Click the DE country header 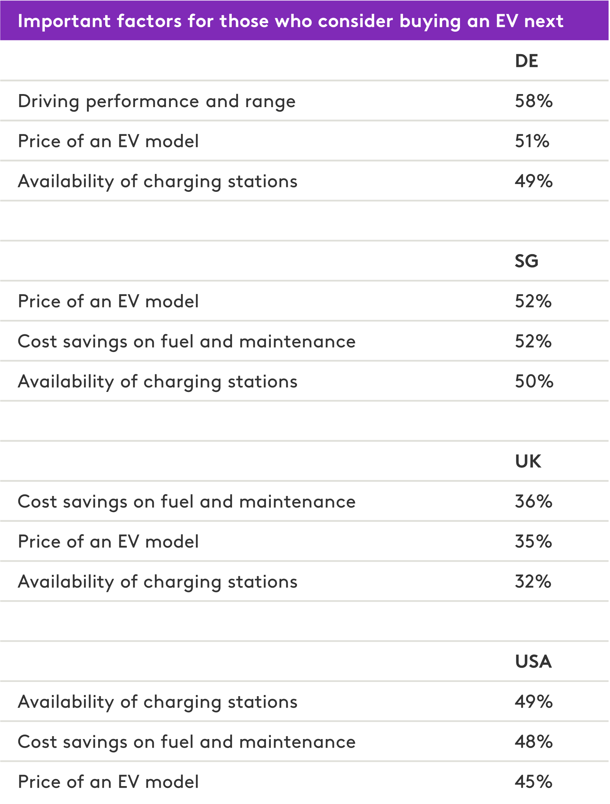coord(526,61)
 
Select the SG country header coord(526,261)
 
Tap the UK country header coord(528,461)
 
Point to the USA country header coord(533,661)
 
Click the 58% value coord(534,101)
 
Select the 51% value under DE coord(532,141)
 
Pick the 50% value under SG coord(534,381)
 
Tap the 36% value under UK coord(534,501)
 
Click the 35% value coord(533,541)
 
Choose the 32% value coord(533,582)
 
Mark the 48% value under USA coord(534,742)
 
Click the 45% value coord(534,782)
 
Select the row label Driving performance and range coord(157,102)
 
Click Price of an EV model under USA coord(108,782)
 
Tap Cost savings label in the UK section coord(187,502)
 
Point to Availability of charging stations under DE coord(157,182)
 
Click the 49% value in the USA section coord(534,702)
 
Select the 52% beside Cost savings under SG coord(533,342)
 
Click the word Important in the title coord(64,21)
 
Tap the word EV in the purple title coord(507,21)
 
